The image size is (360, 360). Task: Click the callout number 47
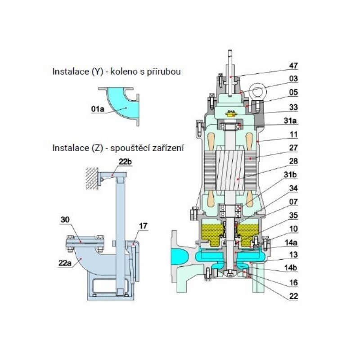point(293,66)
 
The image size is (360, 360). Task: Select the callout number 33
point(293,107)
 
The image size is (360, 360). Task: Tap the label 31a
point(290,121)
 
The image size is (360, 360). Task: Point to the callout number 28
point(293,162)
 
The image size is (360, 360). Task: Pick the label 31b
point(290,175)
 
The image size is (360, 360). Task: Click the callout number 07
point(293,202)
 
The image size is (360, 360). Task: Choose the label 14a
point(291,243)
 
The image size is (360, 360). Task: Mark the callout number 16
point(293,283)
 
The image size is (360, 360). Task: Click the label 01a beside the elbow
point(98,109)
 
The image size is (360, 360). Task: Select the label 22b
point(125,162)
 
